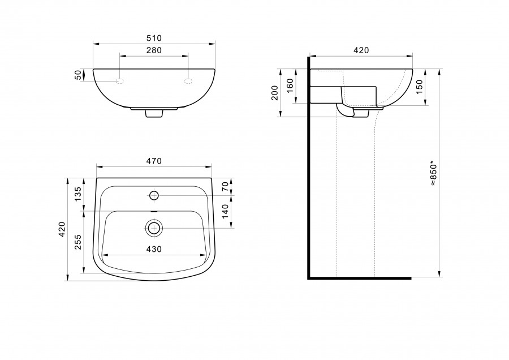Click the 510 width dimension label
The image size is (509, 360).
coord(154,38)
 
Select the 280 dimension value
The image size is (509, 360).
coord(154,50)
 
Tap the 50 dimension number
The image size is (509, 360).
coord(78,75)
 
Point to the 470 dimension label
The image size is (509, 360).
coord(154,161)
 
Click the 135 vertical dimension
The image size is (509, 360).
coord(78,194)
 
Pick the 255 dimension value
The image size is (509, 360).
coord(78,242)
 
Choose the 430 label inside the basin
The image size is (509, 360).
coord(154,249)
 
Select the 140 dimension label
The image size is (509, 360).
coord(225,211)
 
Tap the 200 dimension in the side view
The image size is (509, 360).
coord(275,93)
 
